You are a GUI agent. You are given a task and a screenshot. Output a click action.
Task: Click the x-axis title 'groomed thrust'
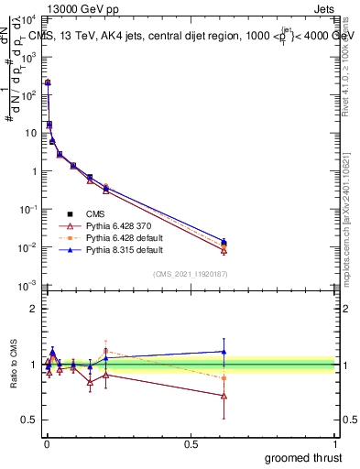pyautogui.click(x=305, y=457)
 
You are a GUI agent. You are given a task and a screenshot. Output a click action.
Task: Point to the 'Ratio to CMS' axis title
pyautogui.click(x=12, y=365)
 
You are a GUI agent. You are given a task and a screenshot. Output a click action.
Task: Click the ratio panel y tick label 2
pyautogui.click(x=34, y=310)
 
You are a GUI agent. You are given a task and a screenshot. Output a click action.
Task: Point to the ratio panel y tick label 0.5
pyautogui.click(x=30, y=420)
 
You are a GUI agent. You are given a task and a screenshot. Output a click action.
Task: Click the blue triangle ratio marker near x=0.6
pyautogui.click(x=224, y=351)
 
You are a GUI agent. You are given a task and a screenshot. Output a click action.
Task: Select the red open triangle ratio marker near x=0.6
pyautogui.click(x=224, y=396)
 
